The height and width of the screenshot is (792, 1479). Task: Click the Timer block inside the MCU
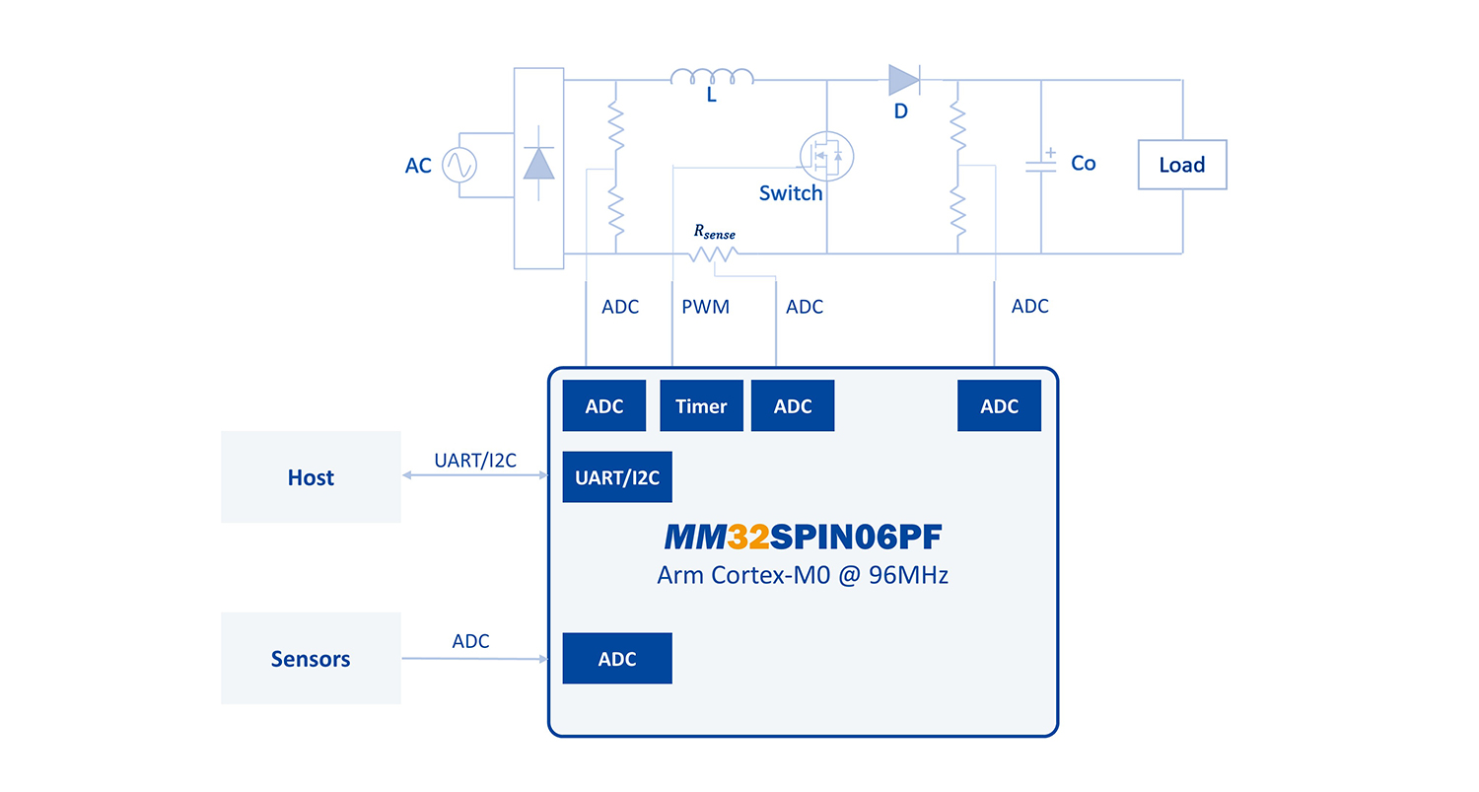[701, 405]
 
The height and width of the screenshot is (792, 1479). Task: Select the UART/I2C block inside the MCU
[617, 477]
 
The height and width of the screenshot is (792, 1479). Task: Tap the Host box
[311, 477]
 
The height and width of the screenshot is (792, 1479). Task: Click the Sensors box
[311, 658]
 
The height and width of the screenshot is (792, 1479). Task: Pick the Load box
[1182, 165]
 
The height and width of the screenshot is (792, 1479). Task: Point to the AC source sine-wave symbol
[458, 165]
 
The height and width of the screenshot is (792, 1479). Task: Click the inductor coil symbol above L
[712, 77]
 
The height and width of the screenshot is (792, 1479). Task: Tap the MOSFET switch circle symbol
[825, 155]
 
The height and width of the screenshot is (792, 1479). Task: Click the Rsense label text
[715, 232]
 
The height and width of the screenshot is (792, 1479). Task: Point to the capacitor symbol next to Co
[1040, 165]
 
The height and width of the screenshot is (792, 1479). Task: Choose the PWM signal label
[706, 307]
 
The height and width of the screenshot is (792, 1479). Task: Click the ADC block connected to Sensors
[617, 658]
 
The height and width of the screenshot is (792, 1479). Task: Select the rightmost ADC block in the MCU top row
[999, 405]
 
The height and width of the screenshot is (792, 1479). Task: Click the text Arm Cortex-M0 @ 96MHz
[803, 575]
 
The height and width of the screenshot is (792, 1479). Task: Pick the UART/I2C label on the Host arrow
[475, 461]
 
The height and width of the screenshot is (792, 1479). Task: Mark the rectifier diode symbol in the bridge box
[538, 163]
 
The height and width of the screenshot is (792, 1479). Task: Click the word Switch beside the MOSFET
[791, 193]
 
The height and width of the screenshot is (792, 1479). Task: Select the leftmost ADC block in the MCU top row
[604, 405]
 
